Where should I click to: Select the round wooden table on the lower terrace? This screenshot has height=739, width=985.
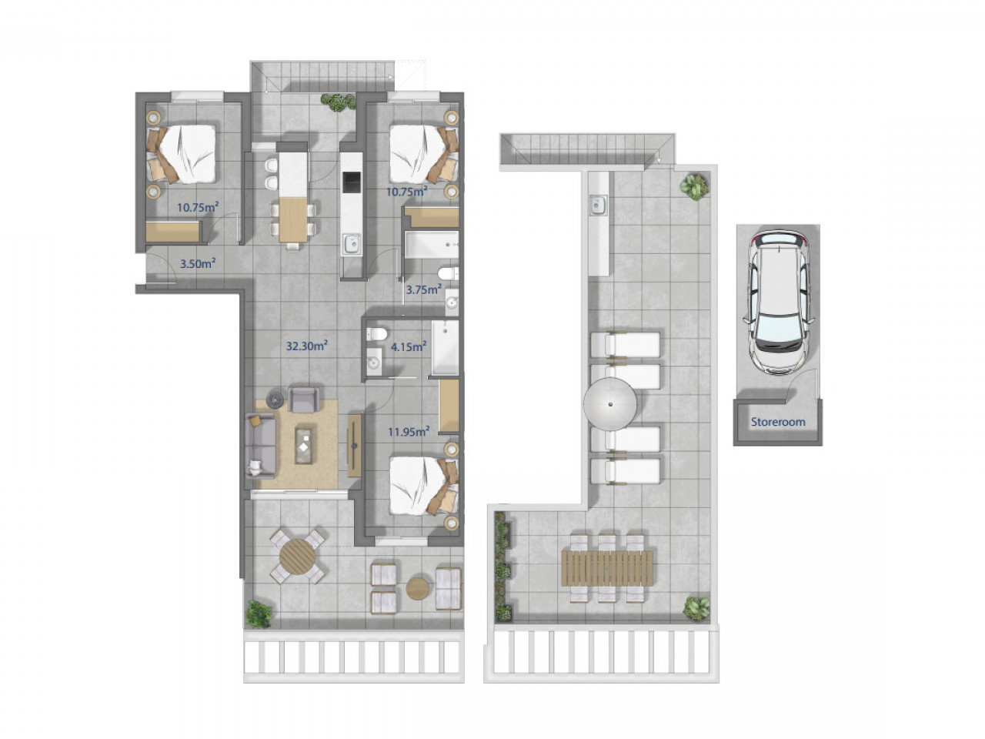coord(297,557)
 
